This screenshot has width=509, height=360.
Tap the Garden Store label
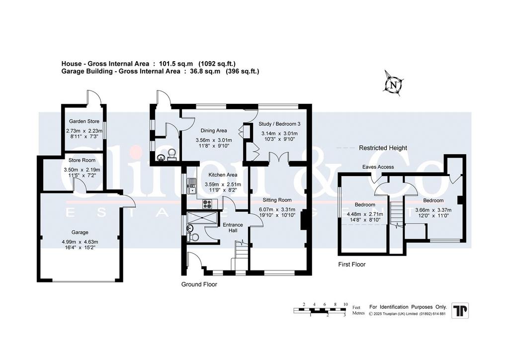(84, 121)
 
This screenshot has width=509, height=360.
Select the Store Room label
(82, 160)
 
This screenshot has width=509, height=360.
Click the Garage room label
(80, 232)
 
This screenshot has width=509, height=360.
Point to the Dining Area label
(214, 130)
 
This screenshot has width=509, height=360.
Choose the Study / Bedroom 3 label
(279, 124)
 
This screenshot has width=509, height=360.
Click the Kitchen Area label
(223, 175)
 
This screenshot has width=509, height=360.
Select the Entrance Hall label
(233, 228)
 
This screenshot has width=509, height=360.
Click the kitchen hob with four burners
(207, 204)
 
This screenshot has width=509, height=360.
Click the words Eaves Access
(378, 167)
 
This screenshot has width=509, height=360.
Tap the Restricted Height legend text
(383, 148)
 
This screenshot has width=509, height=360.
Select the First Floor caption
(352, 264)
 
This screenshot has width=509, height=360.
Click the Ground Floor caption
(199, 284)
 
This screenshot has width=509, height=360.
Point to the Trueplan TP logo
(460, 310)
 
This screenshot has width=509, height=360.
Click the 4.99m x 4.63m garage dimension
(80, 242)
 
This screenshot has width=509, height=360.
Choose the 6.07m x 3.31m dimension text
(277, 209)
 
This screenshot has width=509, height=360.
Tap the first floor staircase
(396, 214)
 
